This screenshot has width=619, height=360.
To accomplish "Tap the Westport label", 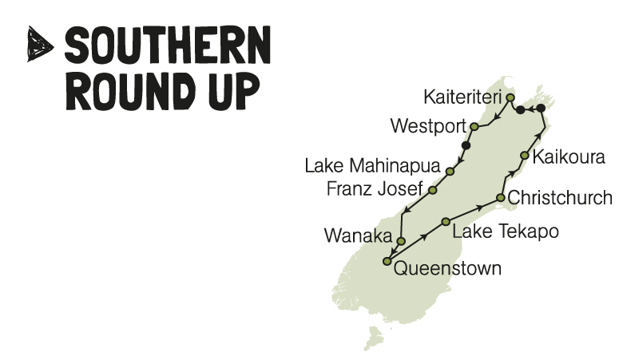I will pyautogui.click(x=429, y=126).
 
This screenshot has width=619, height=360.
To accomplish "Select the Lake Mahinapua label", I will pyautogui.click(x=373, y=167).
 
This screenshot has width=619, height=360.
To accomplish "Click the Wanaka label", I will pyautogui.click(x=359, y=236).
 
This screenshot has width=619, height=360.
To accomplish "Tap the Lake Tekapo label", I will pyautogui.click(x=505, y=231).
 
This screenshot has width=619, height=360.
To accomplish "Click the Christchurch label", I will pyautogui.click(x=560, y=197).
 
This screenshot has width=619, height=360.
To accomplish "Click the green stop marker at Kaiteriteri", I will pyautogui.click(x=510, y=97).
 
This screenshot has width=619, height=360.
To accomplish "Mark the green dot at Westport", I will pyautogui.click(x=474, y=126).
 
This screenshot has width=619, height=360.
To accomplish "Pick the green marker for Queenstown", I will pyautogui.click(x=387, y=261).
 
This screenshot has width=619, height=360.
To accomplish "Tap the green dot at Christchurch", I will pyautogui.click(x=501, y=197).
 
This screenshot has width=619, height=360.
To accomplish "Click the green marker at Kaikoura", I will pyautogui.click(x=524, y=156).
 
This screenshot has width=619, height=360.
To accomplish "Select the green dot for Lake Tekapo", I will pyautogui.click(x=446, y=221).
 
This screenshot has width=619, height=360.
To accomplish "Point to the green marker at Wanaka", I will pyautogui.click(x=401, y=240).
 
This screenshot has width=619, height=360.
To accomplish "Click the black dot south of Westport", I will pyautogui.click(x=466, y=145).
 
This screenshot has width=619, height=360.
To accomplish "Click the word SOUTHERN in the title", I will pyautogui.click(x=168, y=46).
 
